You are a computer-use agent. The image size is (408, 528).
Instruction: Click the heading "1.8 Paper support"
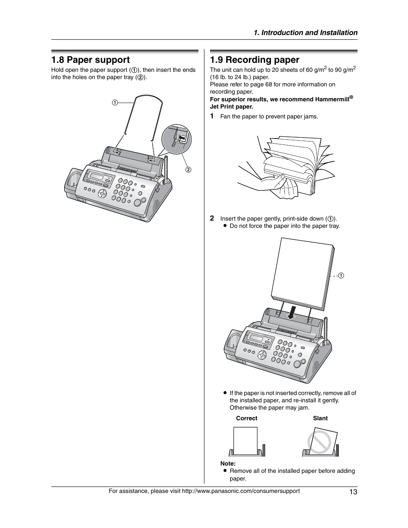(90, 60)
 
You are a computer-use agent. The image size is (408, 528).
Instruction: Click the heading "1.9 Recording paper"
(254, 60)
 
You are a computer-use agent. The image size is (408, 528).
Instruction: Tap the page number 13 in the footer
(353, 492)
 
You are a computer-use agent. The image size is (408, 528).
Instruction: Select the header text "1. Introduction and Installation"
(305, 32)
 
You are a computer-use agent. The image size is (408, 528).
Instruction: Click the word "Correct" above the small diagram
(247, 419)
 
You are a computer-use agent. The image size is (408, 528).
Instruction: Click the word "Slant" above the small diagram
(320, 419)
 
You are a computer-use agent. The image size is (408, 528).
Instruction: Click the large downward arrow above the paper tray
(292, 313)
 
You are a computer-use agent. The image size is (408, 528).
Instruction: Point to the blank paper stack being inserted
(302, 274)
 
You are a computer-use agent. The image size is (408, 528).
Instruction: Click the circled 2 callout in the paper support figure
(187, 169)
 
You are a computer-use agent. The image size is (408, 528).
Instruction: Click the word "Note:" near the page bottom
(228, 463)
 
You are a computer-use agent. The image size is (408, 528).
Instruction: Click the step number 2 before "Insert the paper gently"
(212, 218)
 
